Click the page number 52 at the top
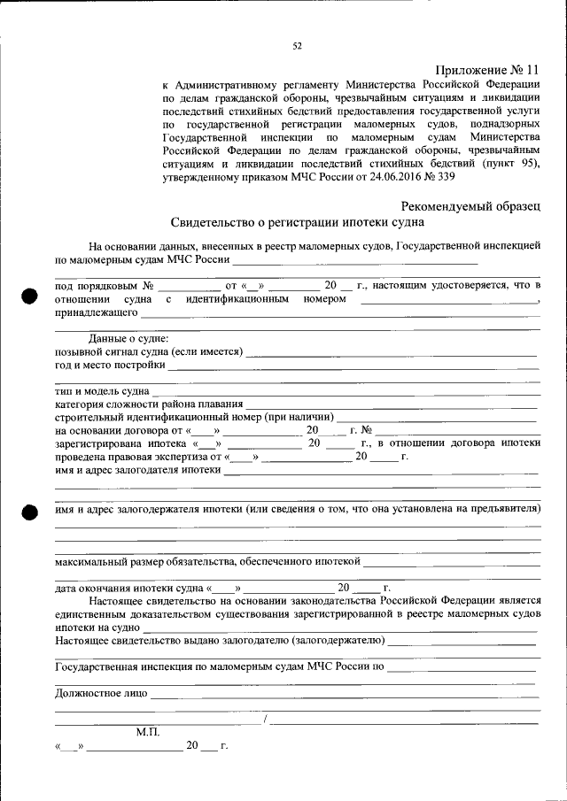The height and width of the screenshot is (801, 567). [298, 47]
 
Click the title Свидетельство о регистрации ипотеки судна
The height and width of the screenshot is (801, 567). [297, 223]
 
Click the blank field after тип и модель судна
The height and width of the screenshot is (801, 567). [346, 391]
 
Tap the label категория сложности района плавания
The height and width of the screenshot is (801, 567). [143, 404]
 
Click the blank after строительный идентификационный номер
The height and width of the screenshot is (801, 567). [438, 418]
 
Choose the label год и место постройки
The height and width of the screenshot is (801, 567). [110, 365]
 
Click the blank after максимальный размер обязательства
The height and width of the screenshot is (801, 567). [452, 562]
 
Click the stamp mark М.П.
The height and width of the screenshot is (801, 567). [148, 732]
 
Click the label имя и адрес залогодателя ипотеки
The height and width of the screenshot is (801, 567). [137, 470]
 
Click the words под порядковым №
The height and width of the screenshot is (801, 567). [105, 286]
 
